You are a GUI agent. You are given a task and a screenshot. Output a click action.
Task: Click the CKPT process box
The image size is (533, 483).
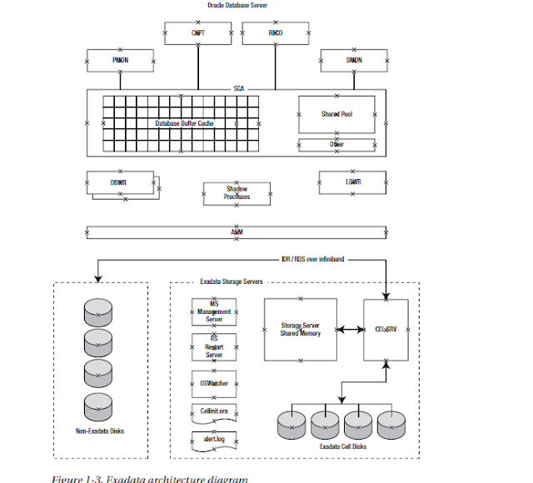point(198,33)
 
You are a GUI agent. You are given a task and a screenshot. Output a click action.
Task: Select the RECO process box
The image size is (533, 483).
point(275,33)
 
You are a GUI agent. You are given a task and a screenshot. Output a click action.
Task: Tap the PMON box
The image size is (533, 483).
point(120,60)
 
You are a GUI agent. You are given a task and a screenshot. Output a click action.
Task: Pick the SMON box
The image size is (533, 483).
point(353,60)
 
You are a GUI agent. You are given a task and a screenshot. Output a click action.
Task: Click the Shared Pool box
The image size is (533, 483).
point(336,114)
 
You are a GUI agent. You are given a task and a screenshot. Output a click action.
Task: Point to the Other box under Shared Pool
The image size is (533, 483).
point(336,144)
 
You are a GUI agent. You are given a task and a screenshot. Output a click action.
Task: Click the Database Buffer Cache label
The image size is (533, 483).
point(184,123)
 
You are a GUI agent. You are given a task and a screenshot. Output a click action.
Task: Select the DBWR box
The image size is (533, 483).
point(119,182)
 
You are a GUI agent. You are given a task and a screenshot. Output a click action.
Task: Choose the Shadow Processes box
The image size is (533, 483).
point(237,193)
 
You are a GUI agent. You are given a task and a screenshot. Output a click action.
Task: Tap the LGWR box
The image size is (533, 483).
point(352,181)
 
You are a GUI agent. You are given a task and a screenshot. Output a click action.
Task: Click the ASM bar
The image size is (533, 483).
point(237,232)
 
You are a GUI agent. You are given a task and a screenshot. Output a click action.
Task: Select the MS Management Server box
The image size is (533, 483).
point(214,311)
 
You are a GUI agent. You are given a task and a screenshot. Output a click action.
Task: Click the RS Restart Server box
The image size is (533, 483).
point(214,346)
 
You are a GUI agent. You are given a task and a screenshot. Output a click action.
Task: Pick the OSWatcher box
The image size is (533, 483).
point(214,383)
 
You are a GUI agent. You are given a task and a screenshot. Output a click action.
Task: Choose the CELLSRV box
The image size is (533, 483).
point(386,329)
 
